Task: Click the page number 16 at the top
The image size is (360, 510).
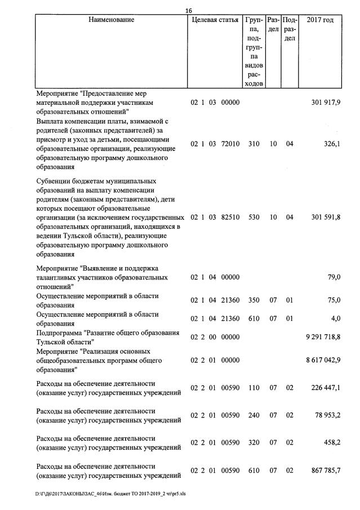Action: coord(189,11)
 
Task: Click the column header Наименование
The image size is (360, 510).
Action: coord(112,20)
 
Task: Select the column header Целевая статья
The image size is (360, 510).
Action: coord(215,20)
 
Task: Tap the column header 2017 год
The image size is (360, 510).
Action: coord(319,20)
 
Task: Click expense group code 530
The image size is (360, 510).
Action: coord(254,218)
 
